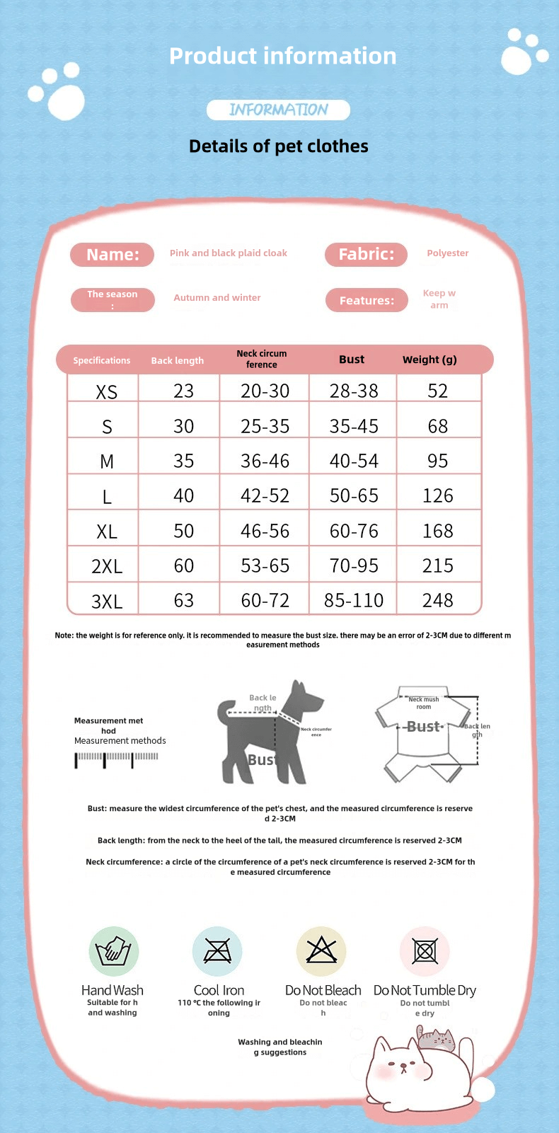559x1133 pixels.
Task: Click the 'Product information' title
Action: (x=282, y=56)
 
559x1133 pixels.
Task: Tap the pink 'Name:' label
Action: (x=112, y=255)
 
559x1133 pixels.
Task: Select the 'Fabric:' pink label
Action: (x=366, y=255)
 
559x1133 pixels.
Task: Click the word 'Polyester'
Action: (x=447, y=253)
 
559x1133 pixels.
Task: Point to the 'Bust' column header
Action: (x=352, y=360)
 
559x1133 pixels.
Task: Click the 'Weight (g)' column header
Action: (x=430, y=360)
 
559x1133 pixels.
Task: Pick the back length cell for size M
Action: (x=183, y=461)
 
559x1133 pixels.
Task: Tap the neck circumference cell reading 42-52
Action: (x=265, y=496)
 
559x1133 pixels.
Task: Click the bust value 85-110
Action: (x=353, y=601)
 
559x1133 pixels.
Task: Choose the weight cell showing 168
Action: (x=437, y=531)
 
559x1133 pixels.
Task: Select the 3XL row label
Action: (x=106, y=602)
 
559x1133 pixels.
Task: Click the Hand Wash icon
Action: (x=113, y=951)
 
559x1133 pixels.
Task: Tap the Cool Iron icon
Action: (x=217, y=951)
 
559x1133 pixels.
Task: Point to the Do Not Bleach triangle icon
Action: (x=321, y=950)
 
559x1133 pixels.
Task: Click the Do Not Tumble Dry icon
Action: (x=425, y=951)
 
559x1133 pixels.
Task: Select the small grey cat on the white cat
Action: (x=435, y=1039)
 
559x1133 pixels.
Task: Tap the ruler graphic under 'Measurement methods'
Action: (x=117, y=759)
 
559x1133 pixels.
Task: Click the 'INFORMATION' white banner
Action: (x=278, y=110)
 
